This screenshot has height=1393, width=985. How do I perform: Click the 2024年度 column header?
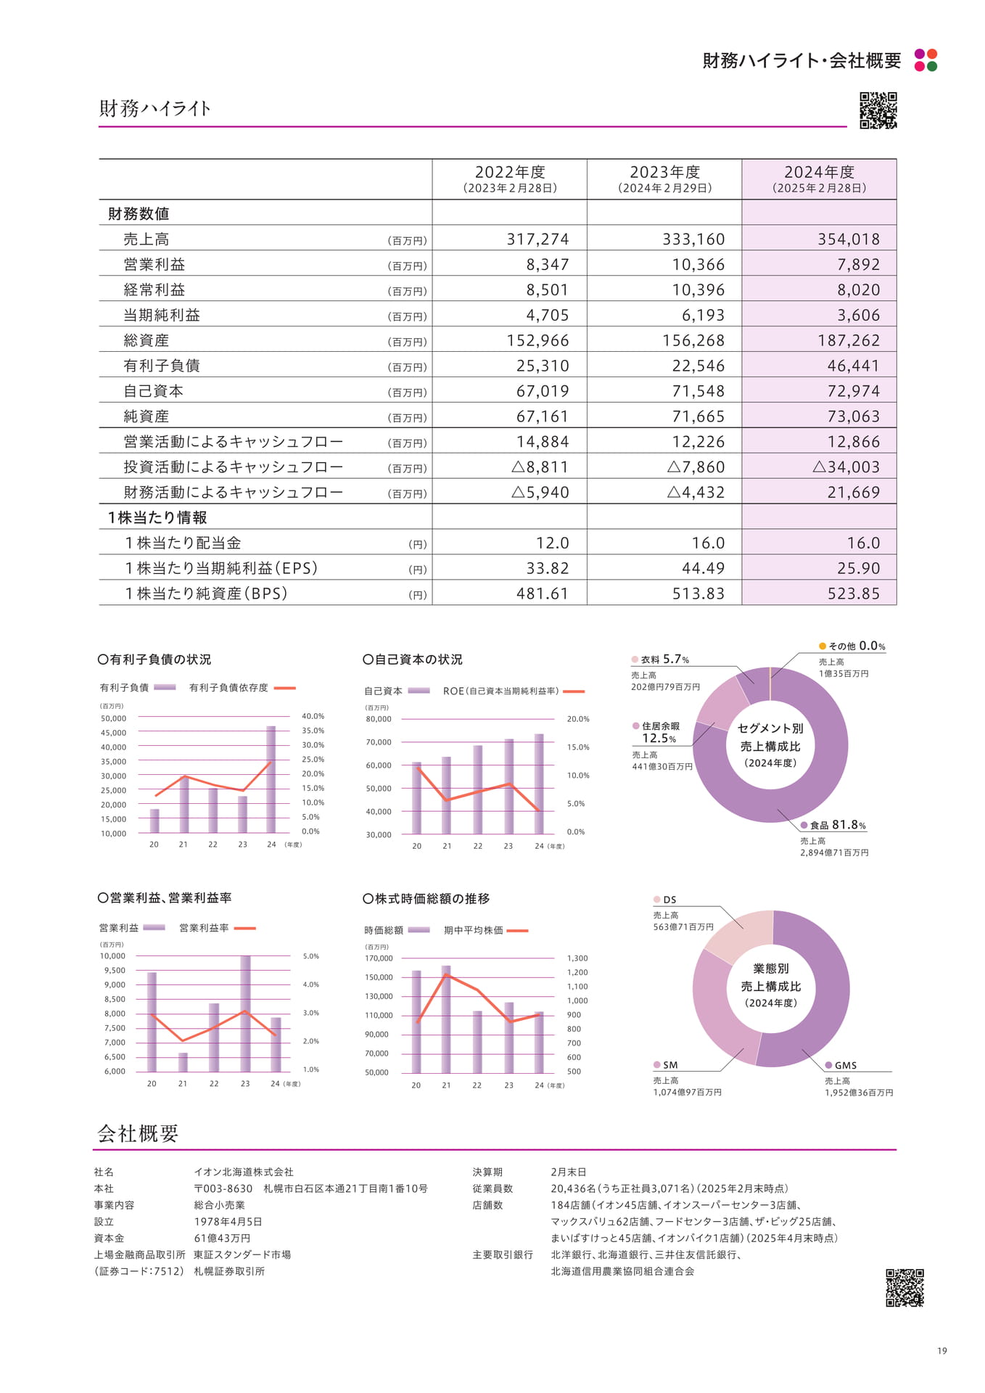pyautogui.click(x=819, y=179)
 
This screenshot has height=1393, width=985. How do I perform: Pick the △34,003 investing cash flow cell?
pyautogui.click(x=846, y=467)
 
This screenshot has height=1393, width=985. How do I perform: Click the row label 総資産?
pyautogui.click(x=147, y=340)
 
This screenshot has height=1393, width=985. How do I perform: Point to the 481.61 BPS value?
pyautogui.click(x=543, y=593)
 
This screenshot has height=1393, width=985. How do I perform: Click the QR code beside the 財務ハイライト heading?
pyautogui.click(x=878, y=110)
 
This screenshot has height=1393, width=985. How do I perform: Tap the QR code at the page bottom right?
pyautogui.click(x=905, y=1287)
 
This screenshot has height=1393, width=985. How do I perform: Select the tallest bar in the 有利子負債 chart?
pyautogui.click(x=271, y=779)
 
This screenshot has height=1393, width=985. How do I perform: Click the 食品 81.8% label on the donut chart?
pyautogui.click(x=833, y=825)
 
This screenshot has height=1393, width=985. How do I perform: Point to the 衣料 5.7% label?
pyautogui.click(x=660, y=659)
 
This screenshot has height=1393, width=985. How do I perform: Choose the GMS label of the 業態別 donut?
pyautogui.click(x=841, y=1065)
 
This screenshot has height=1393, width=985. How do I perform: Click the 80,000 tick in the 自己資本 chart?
pyautogui.click(x=379, y=719)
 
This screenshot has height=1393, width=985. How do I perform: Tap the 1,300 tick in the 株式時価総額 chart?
pyautogui.click(x=577, y=958)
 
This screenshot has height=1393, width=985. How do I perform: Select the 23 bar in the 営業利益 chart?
pyautogui.click(x=245, y=1014)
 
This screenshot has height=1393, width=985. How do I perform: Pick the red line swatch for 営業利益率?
pyautogui.click(x=245, y=928)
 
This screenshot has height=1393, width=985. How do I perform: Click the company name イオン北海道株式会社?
pyautogui.click(x=244, y=1172)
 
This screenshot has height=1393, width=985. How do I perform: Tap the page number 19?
pyautogui.click(x=942, y=1350)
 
